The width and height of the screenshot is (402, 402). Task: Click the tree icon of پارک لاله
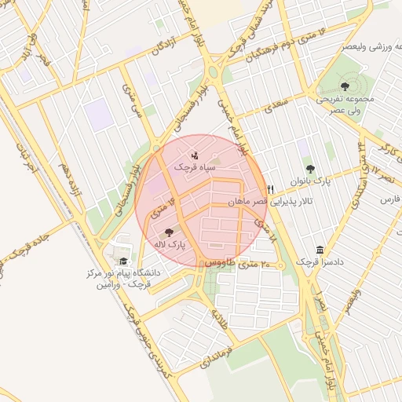point(169,232)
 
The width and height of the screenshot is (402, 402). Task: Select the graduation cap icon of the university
point(122,261)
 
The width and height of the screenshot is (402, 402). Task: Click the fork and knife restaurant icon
point(270,189)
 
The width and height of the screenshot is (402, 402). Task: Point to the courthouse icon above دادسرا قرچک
point(320,249)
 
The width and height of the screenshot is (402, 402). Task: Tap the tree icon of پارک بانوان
point(310,168)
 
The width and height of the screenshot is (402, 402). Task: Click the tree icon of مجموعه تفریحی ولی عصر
point(345,86)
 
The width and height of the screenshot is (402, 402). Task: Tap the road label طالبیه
point(217,317)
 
